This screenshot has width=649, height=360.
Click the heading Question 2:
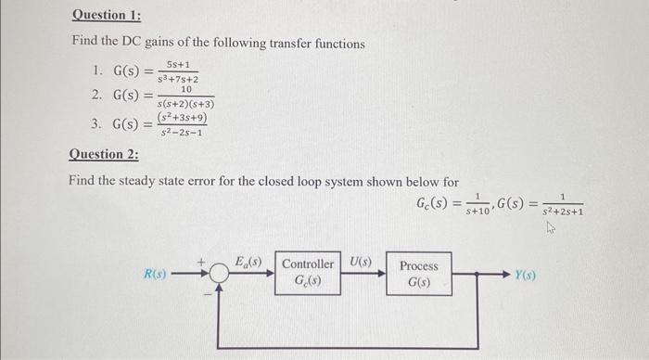[104, 154]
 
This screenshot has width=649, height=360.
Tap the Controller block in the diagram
[308, 272]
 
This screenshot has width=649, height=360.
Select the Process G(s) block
[419, 273]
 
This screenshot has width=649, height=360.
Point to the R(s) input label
[156, 274]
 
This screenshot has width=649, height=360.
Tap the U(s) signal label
[361, 262]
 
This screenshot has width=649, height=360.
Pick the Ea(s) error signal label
[248, 262]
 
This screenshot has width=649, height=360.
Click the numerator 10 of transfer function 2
[186, 89]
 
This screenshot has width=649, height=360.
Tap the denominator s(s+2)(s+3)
[186, 104]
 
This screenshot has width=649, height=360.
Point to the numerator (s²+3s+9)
[183, 119]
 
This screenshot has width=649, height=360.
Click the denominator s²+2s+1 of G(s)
[564, 212]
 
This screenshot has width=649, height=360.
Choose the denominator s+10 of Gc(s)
[478, 212]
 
